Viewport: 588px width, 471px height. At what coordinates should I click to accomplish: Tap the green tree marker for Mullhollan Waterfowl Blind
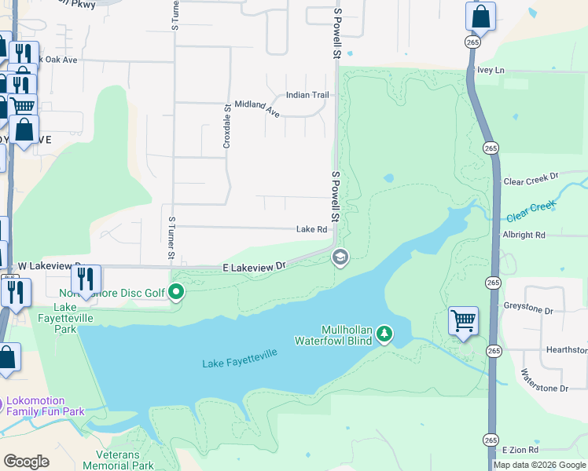point(384,334)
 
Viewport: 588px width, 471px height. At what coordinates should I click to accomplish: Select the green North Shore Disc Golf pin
point(177,293)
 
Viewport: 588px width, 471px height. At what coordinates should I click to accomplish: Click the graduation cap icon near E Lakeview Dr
point(340,257)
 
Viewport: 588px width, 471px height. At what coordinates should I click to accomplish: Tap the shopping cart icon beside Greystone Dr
point(463,321)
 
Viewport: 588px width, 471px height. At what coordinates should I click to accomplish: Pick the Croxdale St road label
point(226,126)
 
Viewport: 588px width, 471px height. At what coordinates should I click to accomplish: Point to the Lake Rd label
point(311,229)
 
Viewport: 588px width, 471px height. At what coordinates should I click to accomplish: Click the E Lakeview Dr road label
point(254,268)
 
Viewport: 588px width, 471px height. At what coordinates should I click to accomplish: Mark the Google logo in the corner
point(26,462)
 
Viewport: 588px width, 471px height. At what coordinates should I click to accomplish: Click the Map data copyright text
point(539,465)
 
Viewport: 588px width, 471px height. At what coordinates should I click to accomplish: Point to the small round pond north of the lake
point(388,178)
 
